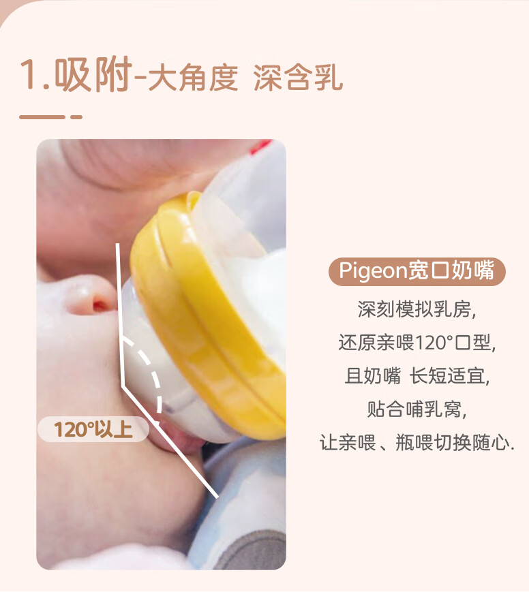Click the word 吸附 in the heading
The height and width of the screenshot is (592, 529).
coord(93,74)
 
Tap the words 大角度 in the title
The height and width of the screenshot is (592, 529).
coord(193,78)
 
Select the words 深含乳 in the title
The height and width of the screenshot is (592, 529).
coord(298,78)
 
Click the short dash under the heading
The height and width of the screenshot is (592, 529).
coord(76,117)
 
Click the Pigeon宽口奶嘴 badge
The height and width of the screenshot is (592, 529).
coord(417,271)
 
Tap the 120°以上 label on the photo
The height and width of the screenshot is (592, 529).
coord(93,429)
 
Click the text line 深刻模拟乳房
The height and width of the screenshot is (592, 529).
coord(417,309)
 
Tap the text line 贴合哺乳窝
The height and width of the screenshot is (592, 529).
coord(417,409)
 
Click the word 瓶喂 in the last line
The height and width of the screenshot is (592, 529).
coord(414,443)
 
